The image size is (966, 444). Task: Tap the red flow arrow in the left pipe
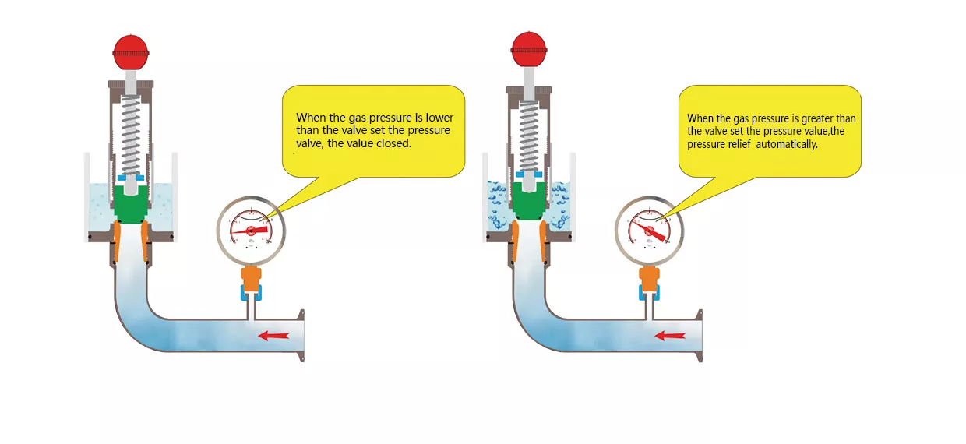[273, 336]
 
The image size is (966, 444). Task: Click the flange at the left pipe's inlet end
[299, 336]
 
